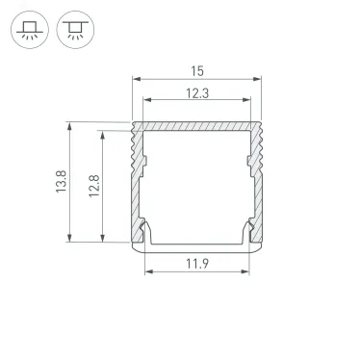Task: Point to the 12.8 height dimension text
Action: [x=92, y=180]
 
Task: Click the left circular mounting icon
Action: [x=30, y=33]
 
